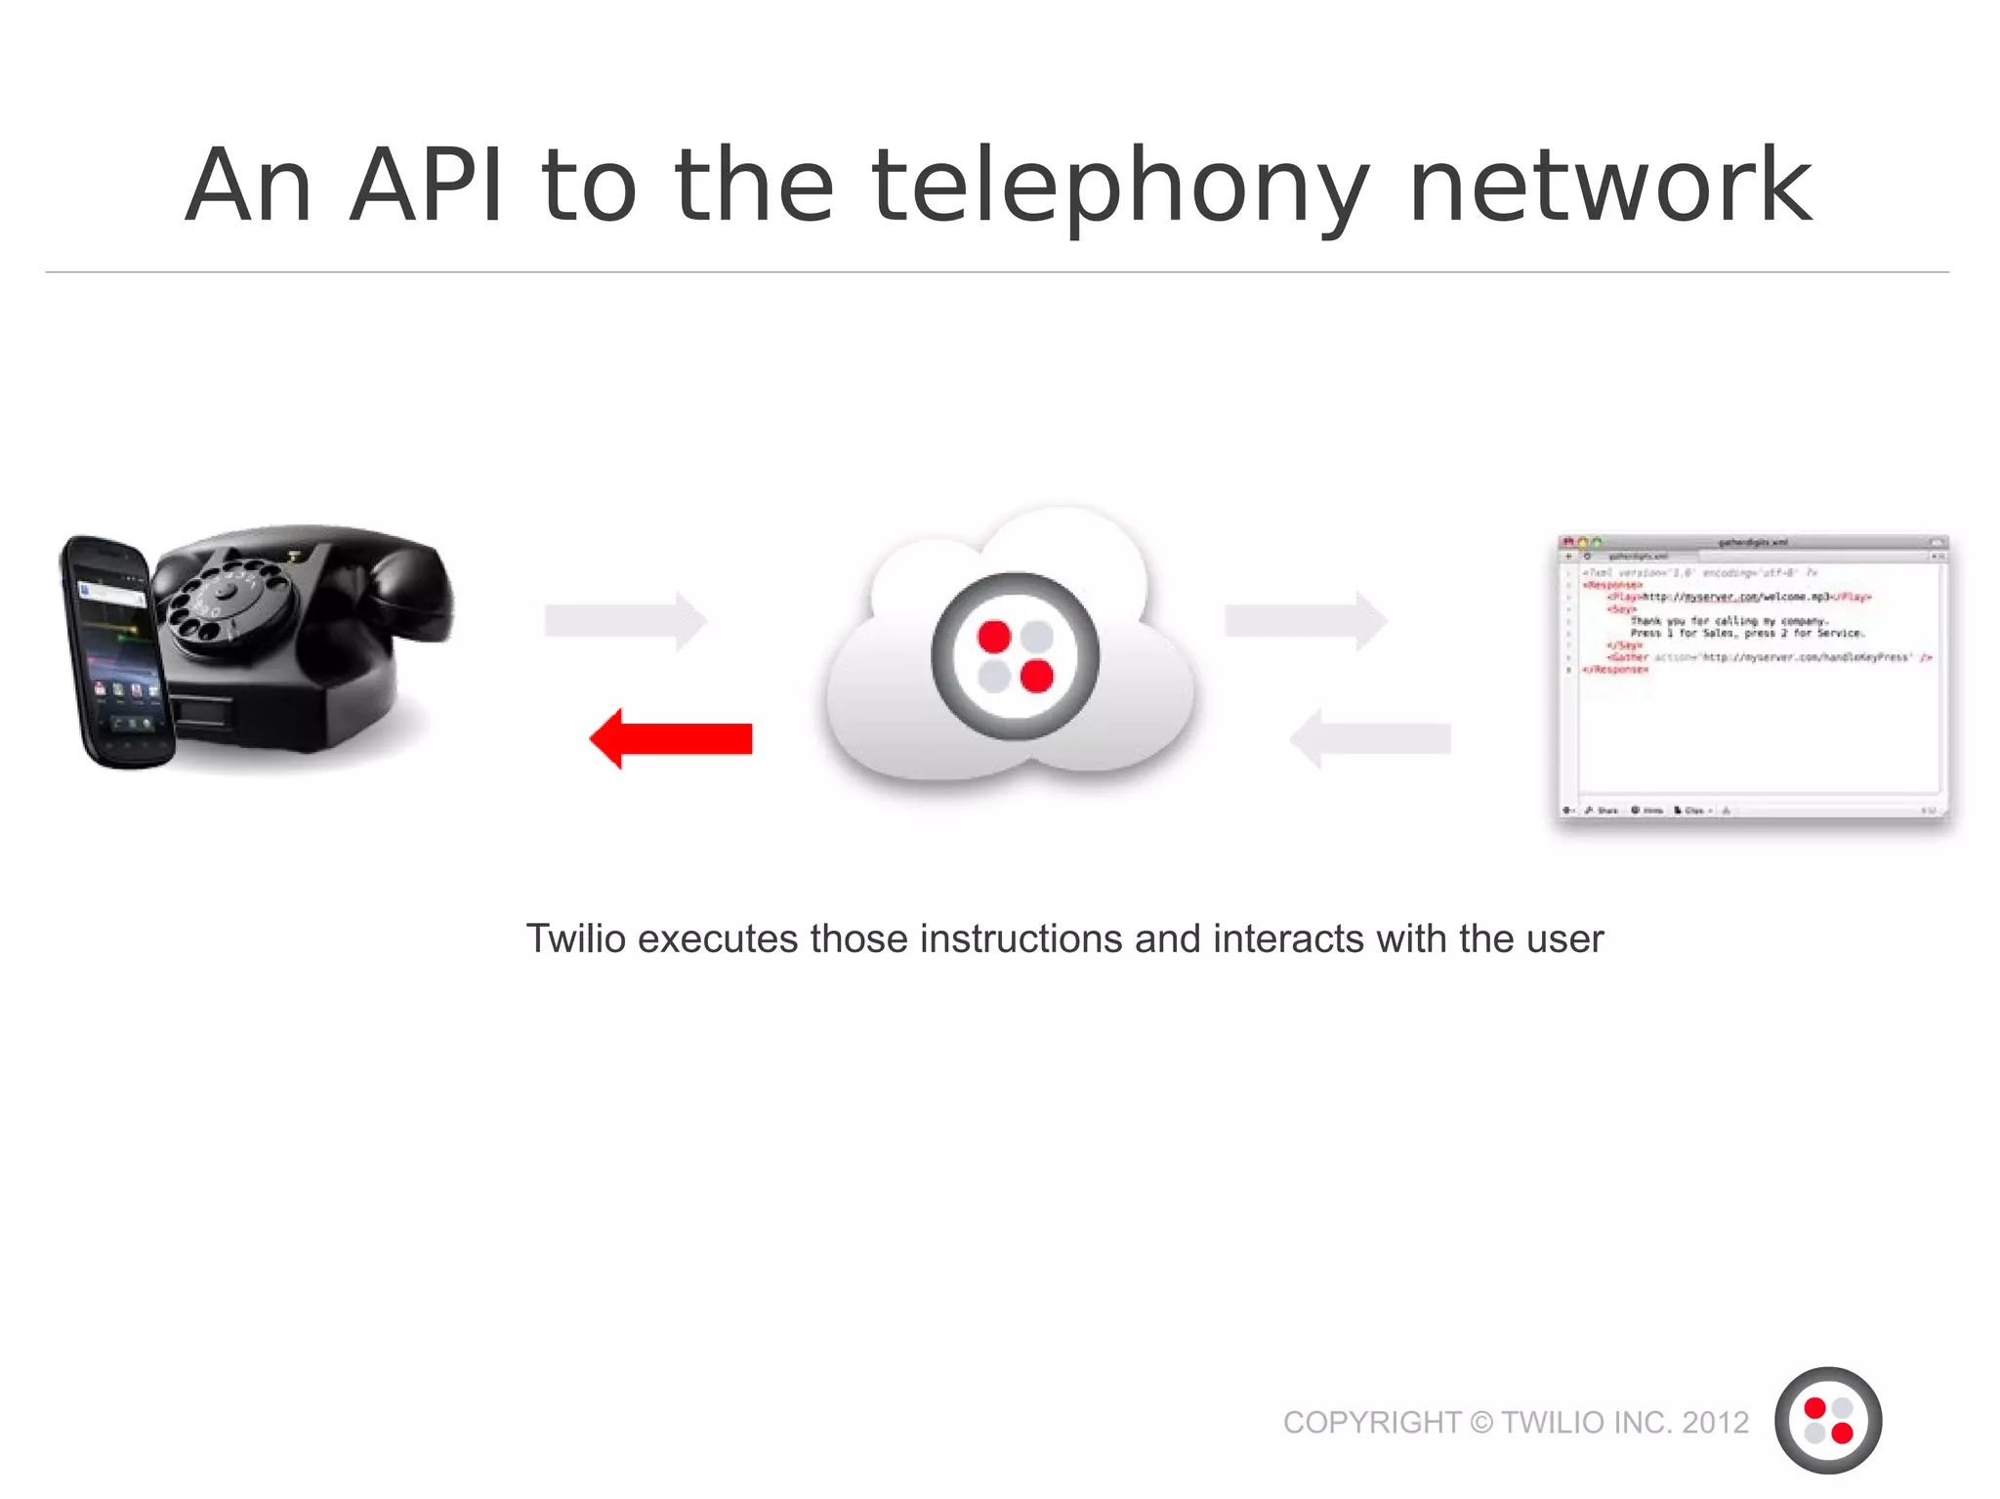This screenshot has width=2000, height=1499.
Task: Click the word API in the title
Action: point(427,186)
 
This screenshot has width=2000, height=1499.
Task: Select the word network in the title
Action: point(1610,186)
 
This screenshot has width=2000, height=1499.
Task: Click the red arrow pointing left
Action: point(671,738)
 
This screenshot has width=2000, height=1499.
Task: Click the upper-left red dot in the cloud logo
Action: point(994,636)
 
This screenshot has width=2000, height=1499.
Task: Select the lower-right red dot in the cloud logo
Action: point(1036,675)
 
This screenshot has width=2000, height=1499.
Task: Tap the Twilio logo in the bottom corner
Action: point(1827,1420)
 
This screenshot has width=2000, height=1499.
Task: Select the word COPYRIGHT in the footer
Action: point(1371,1422)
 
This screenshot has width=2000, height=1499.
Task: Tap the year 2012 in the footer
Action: point(1715,1422)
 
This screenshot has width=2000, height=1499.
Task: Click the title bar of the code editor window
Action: point(1752,542)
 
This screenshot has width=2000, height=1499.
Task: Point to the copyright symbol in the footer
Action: point(1481,1422)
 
